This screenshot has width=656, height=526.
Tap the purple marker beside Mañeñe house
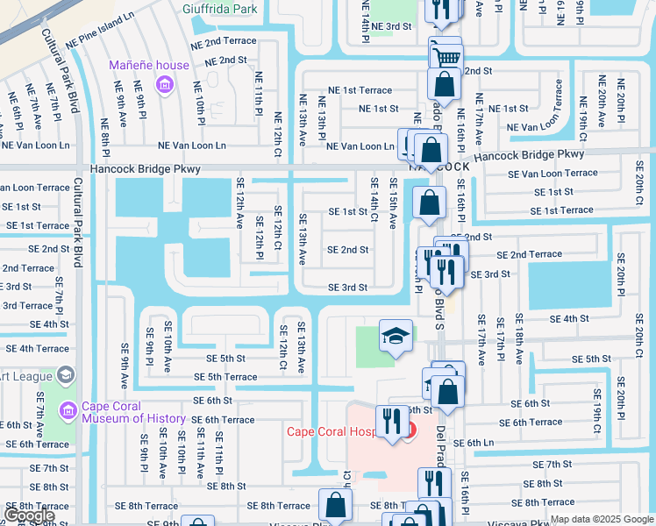click(x=163, y=84)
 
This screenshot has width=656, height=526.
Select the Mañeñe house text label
click(x=149, y=65)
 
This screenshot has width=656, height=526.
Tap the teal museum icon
click(x=67, y=410)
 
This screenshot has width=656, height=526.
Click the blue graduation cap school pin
click(x=396, y=336)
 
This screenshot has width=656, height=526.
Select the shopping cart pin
click(x=447, y=57)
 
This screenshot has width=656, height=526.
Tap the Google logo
click(x=29, y=515)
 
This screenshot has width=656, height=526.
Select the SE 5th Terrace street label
click(x=225, y=377)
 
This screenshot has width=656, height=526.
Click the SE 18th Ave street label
click(x=519, y=338)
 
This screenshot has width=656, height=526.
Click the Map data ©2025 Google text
click(x=601, y=519)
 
